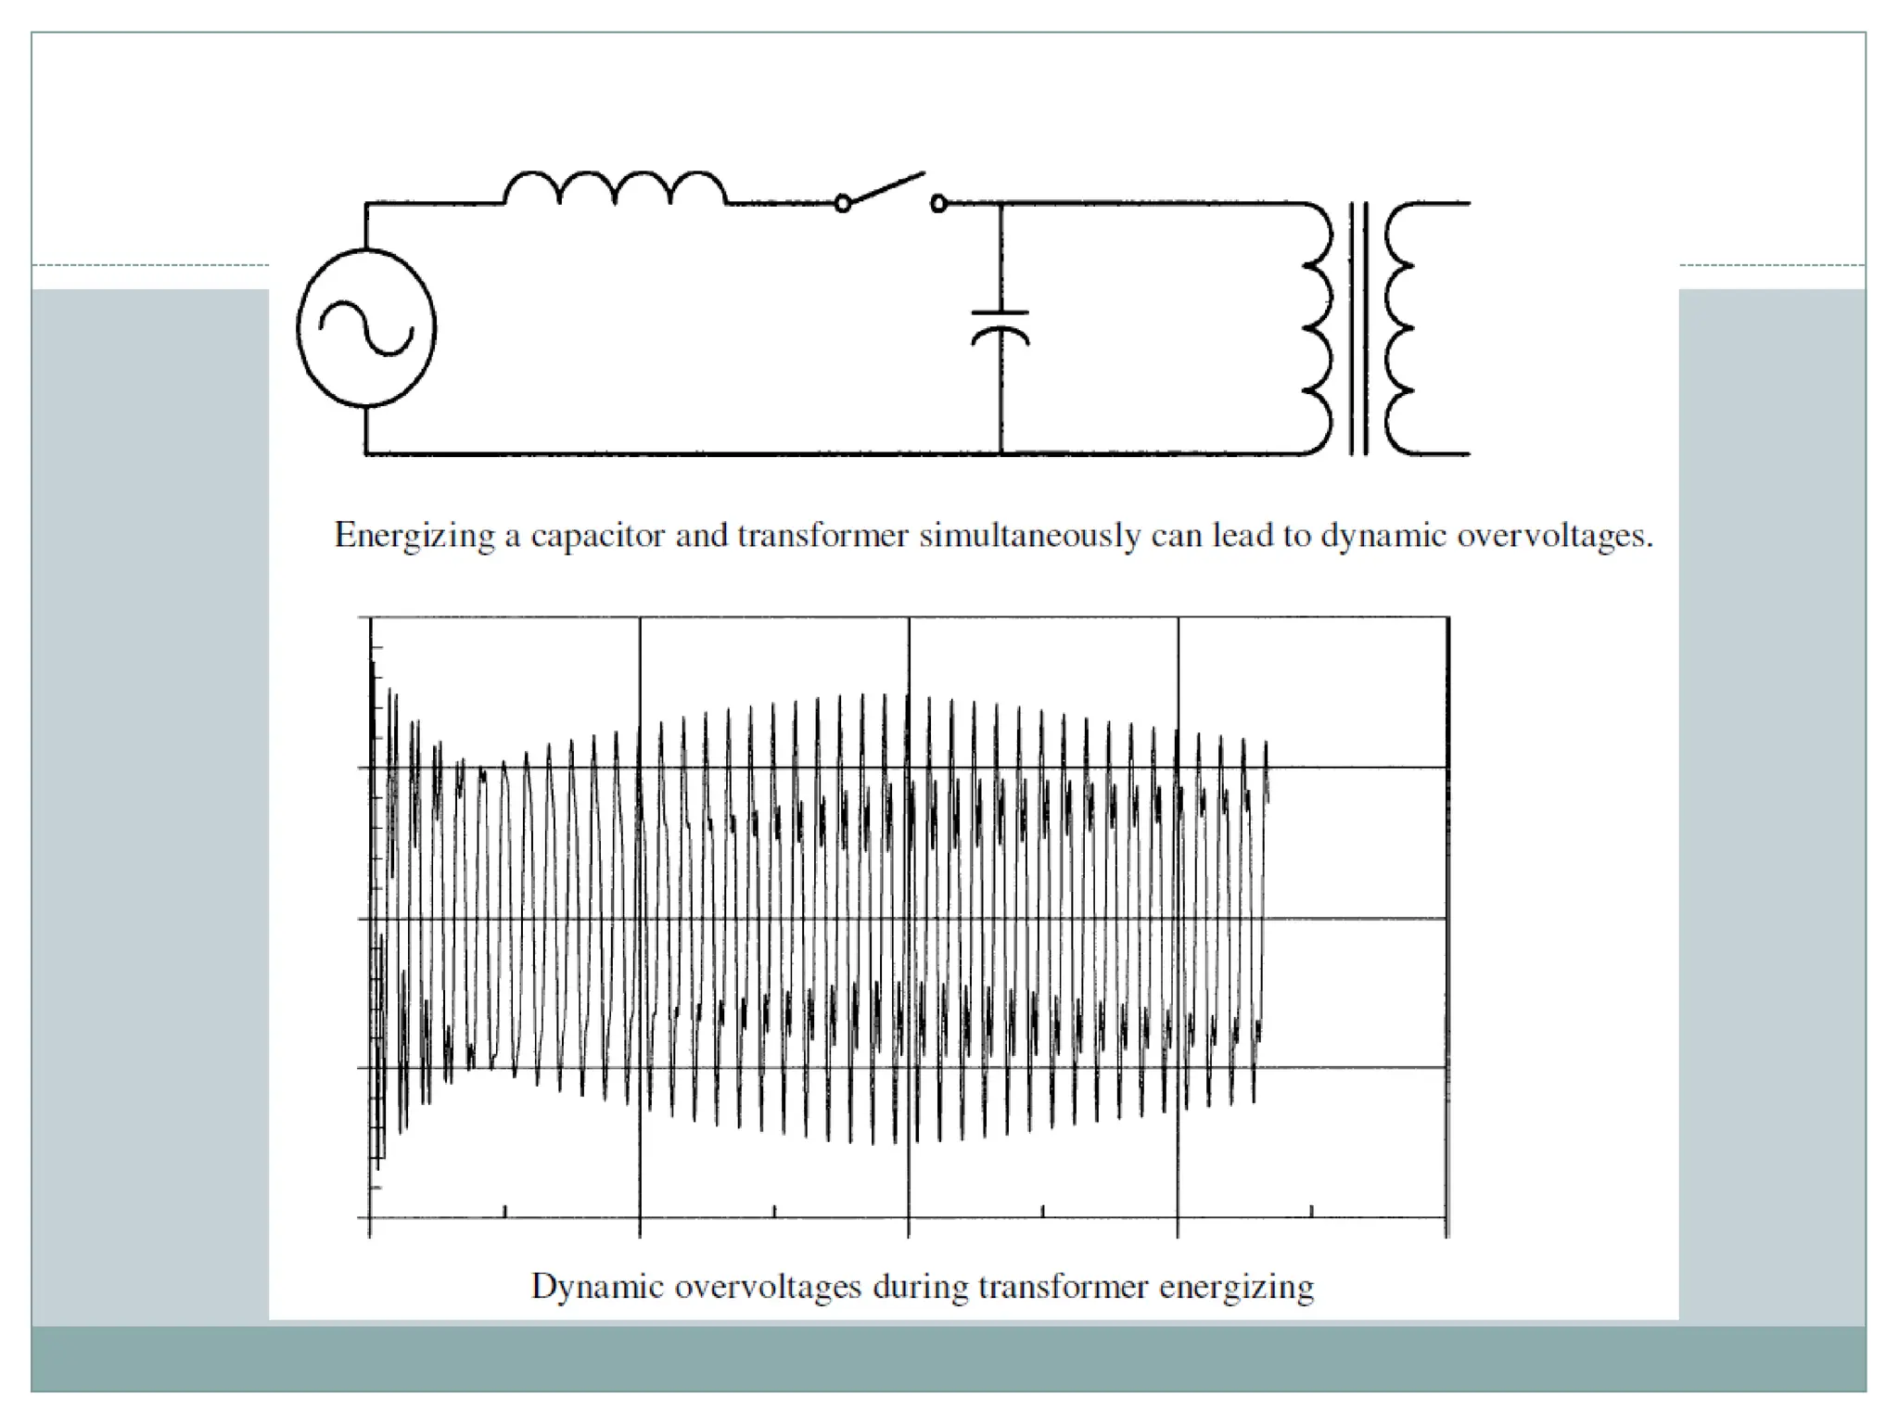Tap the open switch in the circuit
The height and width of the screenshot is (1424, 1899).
pyautogui.click(x=889, y=190)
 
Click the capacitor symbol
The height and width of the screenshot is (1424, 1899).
pyautogui.click(x=1000, y=326)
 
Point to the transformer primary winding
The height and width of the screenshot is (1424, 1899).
pyautogui.click(x=1318, y=328)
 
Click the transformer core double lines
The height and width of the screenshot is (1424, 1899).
pyautogui.click(x=1358, y=328)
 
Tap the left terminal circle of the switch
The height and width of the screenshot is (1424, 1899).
pyautogui.click(x=842, y=203)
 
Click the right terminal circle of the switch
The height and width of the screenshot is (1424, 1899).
pyautogui.click(x=938, y=203)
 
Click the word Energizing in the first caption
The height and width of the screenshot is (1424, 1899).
pyautogui.click(x=414, y=537)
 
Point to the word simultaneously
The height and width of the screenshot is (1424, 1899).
pyautogui.click(x=1029, y=537)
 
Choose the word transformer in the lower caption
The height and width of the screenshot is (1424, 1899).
pyautogui.click(x=1062, y=1287)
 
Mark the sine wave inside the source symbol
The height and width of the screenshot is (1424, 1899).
pyautogui.click(x=366, y=328)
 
